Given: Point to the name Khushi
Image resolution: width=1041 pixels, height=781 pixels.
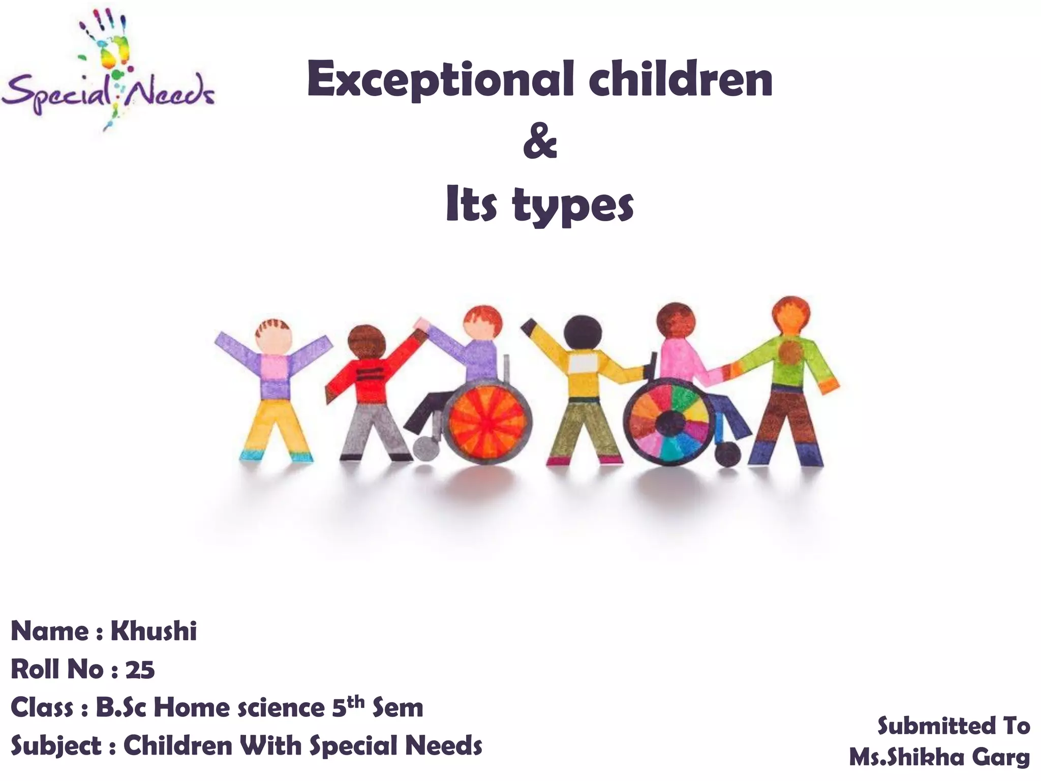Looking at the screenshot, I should click(x=154, y=632).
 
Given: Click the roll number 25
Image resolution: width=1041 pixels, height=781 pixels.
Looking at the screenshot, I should click(x=140, y=670).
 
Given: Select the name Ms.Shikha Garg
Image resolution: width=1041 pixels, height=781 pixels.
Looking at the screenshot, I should click(x=939, y=758).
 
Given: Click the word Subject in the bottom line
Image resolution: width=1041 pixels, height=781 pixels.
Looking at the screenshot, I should click(x=56, y=746).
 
